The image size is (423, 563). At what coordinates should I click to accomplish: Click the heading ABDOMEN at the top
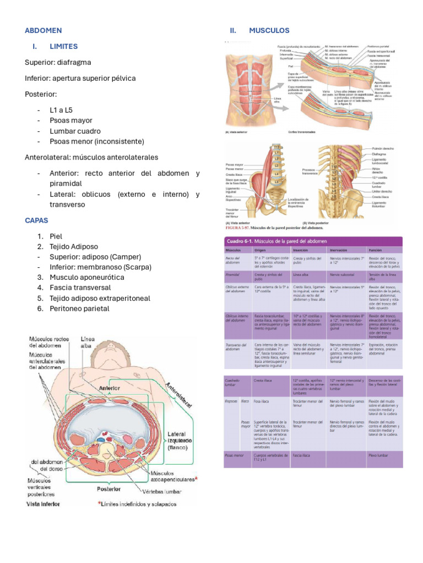(43, 30)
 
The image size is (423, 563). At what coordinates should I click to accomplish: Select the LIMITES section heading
(63, 46)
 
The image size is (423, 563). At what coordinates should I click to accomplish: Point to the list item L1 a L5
(61, 110)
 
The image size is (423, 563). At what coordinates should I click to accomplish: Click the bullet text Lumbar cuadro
(75, 131)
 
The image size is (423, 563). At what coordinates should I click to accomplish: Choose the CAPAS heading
(36, 220)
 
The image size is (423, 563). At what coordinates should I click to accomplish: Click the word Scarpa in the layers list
(134, 267)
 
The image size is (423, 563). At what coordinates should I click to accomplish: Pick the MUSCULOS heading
(269, 30)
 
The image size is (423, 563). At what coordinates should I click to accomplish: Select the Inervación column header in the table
(338, 249)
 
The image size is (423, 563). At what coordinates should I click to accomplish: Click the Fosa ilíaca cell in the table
(264, 402)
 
